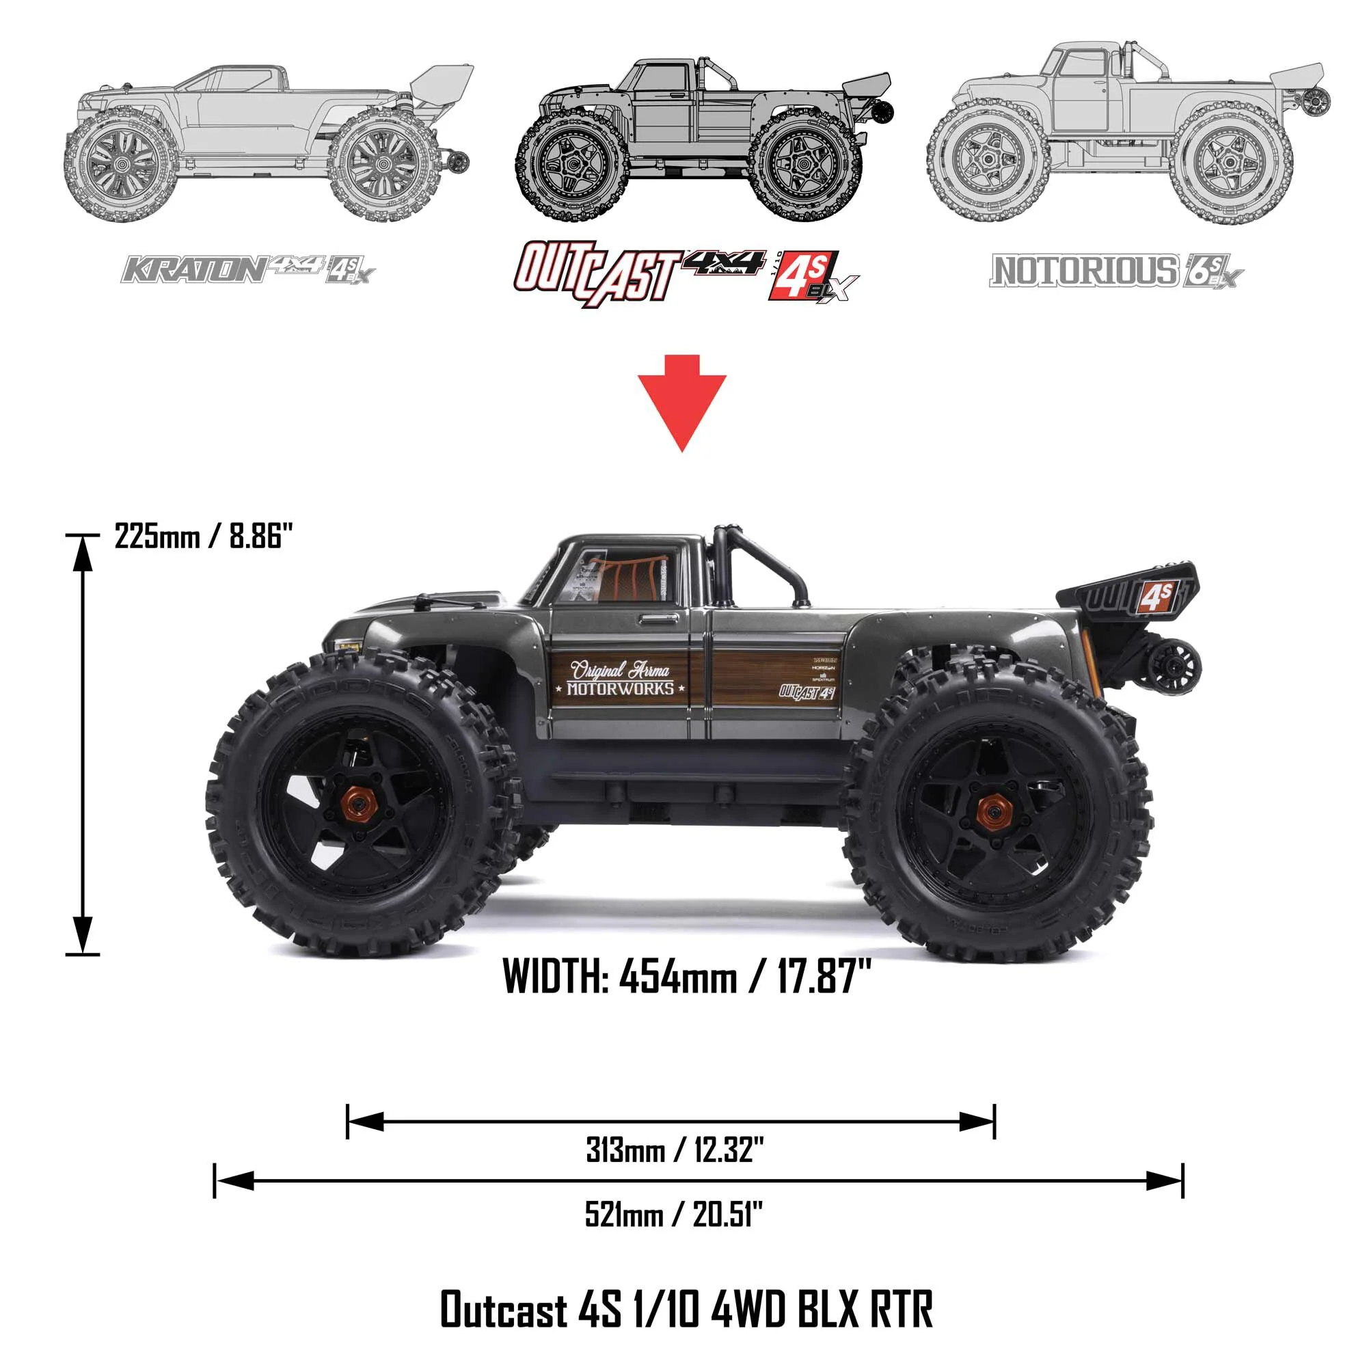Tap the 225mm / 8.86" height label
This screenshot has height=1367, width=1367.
[203, 537]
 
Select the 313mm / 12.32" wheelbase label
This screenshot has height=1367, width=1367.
[675, 1149]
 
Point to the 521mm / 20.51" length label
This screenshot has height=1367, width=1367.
[674, 1215]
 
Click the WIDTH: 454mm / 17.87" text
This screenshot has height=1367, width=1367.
[686, 977]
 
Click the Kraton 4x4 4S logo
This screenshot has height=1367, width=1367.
[247, 269]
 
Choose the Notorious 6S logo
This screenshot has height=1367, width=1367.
[1116, 271]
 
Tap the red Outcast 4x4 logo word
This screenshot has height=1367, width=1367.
[598, 273]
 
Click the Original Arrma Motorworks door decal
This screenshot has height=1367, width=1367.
[620, 679]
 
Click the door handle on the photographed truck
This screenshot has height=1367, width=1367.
[658, 620]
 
